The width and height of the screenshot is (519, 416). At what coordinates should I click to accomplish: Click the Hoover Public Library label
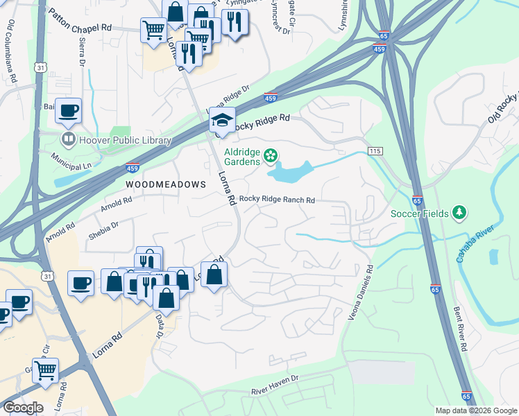[126, 141]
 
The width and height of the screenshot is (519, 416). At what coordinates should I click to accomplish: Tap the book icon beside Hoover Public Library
[69, 141]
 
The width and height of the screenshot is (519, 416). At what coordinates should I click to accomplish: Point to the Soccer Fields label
[419, 213]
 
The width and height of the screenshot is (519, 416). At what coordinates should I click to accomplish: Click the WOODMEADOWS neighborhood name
[166, 184]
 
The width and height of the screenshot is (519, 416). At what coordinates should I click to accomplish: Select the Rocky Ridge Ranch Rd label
[277, 200]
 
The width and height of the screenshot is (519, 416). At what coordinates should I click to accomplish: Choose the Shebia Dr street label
[103, 228]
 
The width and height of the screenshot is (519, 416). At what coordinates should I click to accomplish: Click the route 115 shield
[375, 151]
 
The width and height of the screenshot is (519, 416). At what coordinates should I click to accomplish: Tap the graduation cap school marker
[223, 121]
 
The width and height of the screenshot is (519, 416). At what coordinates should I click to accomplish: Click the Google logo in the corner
[23, 407]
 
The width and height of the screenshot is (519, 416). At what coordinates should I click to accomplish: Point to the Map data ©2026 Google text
[475, 410]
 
